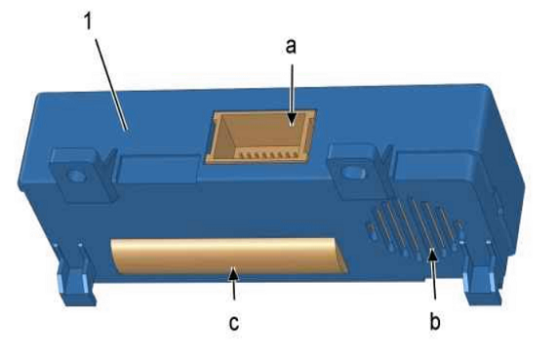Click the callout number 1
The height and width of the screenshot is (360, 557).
pos(88,21)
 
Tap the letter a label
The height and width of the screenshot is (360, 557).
pos(291,47)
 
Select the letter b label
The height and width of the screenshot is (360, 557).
pos(435,321)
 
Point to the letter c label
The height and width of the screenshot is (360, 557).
pos(234,323)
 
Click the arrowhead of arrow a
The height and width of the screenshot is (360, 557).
pos(292,119)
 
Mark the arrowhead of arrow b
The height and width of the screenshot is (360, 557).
pos(432,255)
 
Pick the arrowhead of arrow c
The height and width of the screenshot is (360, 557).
pos(233,273)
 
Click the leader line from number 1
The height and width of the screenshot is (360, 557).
pos(110,84)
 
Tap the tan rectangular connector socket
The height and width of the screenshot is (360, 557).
pos(260,137)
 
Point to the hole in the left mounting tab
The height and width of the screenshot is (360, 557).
pos(76,176)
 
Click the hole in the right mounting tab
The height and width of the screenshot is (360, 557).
pos(353,172)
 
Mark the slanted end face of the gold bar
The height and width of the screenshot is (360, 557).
pos(339,257)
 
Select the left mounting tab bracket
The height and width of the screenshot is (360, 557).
pos(85,176)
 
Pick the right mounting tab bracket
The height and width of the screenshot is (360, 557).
pos(360,172)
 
